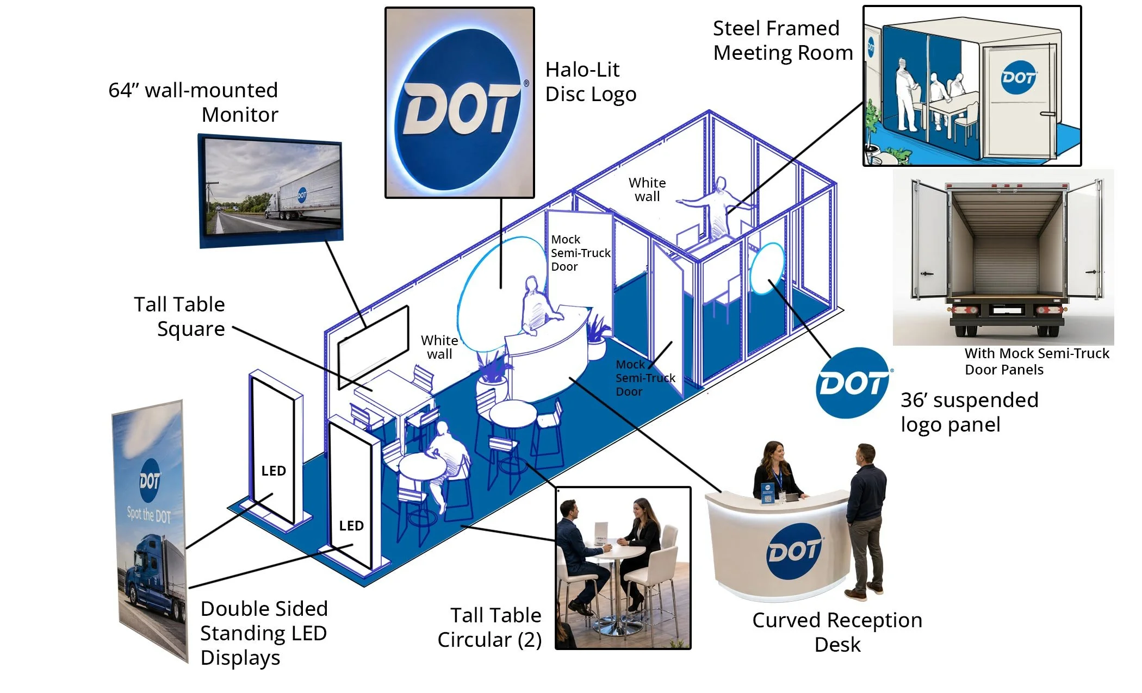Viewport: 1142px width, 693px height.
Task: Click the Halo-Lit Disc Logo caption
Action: tap(591, 82)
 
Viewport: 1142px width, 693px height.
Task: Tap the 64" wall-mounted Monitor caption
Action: tap(193, 102)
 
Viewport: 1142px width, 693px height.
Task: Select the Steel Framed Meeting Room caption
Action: tap(783, 40)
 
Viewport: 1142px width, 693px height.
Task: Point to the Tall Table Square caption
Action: tap(179, 316)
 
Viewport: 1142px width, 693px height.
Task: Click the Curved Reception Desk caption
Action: tap(837, 632)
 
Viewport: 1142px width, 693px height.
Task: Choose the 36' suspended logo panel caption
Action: tap(970, 412)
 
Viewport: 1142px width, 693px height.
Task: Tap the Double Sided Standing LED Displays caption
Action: tap(264, 633)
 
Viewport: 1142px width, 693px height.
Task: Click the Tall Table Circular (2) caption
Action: tap(489, 628)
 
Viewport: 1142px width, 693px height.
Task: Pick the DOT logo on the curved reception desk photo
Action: tap(795, 551)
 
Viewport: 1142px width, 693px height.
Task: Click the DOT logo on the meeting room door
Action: tap(1019, 77)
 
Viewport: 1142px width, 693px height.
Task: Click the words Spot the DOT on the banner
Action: tap(148, 515)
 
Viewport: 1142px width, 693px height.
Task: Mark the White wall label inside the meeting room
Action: tap(647, 190)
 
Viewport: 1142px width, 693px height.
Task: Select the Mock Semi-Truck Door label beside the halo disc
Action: tap(580, 253)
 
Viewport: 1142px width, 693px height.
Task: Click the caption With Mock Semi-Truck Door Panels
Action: tap(1037, 361)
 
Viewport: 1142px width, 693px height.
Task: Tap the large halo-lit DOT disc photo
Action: tap(460, 103)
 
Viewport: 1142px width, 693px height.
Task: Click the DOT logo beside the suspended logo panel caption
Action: tap(853, 383)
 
